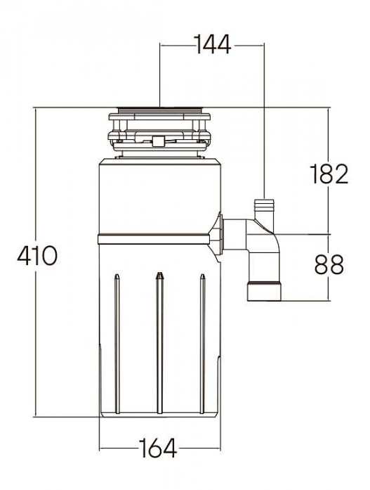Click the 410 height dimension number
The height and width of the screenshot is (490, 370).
click(x=37, y=255)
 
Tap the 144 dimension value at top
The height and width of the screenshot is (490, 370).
click(x=213, y=44)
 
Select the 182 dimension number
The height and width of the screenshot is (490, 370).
click(x=329, y=174)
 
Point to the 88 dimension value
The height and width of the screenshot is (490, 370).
click(x=329, y=264)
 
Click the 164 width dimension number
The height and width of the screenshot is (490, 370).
click(x=158, y=448)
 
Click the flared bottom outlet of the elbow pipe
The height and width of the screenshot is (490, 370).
click(x=264, y=291)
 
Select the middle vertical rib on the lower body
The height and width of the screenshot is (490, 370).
click(x=160, y=343)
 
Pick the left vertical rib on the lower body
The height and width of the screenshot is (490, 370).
click(x=117, y=344)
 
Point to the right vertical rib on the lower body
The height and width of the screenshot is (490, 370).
click(x=202, y=344)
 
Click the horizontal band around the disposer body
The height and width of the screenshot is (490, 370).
click(x=154, y=239)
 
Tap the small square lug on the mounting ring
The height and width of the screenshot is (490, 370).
click(x=159, y=141)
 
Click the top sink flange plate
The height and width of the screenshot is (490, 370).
click(x=160, y=110)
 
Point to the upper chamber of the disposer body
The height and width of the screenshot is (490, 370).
click(x=160, y=197)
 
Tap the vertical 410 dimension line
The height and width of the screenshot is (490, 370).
click(x=37, y=262)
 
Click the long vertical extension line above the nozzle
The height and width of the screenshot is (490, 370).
click(x=264, y=121)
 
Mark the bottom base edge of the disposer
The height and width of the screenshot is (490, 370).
click(x=160, y=416)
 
